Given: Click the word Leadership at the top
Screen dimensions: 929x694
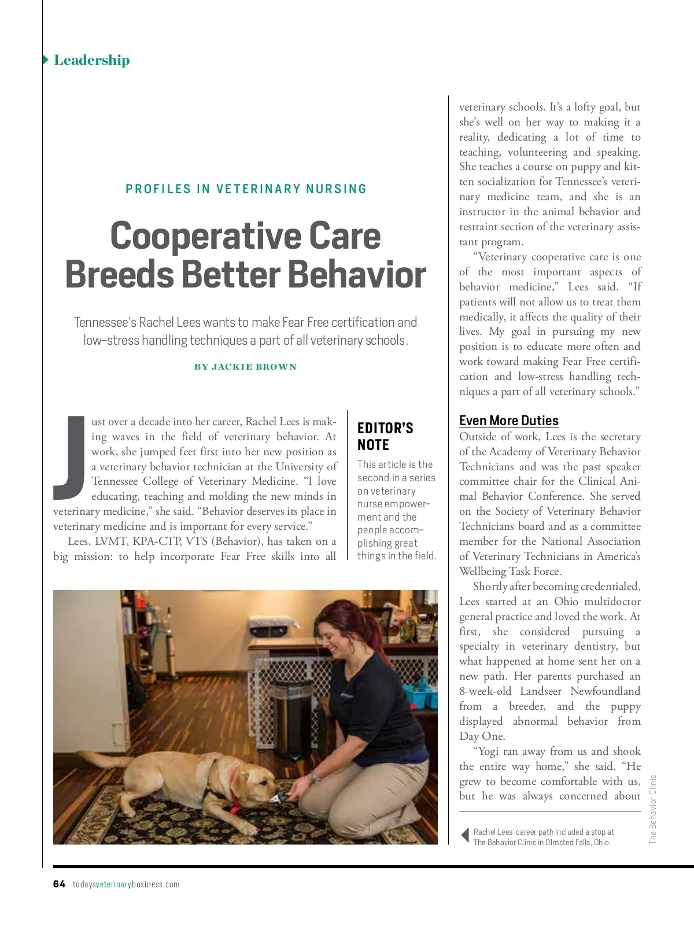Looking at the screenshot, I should point(91,60).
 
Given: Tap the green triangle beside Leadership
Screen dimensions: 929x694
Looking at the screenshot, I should point(46,60).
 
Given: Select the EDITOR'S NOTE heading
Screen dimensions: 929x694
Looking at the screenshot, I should point(385,436).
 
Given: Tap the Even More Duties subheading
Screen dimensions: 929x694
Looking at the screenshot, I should point(508,421).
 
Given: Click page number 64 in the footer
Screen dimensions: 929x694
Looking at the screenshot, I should point(59,884).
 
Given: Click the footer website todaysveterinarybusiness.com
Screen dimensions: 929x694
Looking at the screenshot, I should point(126,884).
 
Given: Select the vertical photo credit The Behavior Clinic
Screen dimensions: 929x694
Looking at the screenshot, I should point(653,810).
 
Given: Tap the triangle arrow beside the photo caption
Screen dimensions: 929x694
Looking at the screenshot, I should point(464,836).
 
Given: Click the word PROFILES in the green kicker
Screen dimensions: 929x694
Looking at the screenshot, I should point(158,189).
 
